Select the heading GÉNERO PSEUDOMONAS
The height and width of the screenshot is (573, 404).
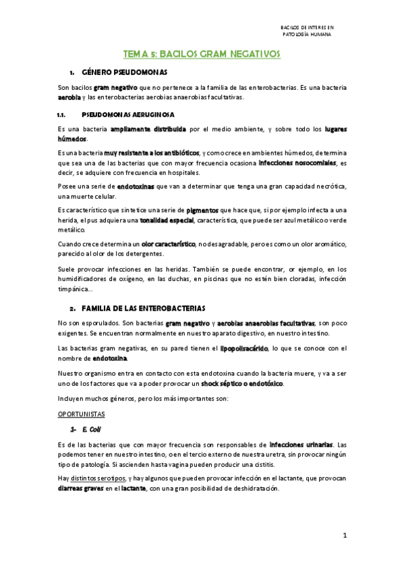pos(124,72)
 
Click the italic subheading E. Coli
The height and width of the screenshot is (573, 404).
pos(91,429)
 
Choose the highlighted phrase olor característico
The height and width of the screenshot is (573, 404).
pos(169,243)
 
